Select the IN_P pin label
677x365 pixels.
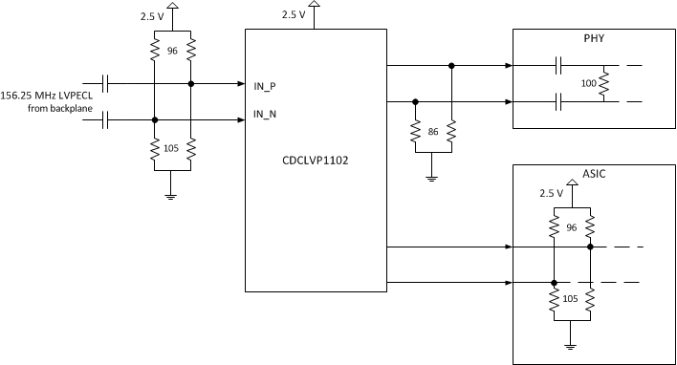[x=265, y=85]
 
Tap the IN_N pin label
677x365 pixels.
[x=265, y=115]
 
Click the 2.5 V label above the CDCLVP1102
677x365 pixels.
[x=295, y=15]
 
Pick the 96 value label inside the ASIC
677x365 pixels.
[x=571, y=228]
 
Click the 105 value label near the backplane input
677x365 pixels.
[x=172, y=148]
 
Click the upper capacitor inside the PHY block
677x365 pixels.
[x=557, y=66]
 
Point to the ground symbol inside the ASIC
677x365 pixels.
[x=571, y=346]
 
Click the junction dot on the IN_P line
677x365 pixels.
[x=191, y=84]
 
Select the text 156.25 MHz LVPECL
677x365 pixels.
[x=43, y=97]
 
